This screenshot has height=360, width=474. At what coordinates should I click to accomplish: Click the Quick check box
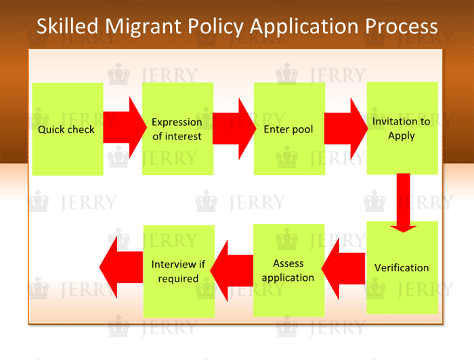[68, 129]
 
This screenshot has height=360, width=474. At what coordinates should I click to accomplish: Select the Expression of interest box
[177, 129]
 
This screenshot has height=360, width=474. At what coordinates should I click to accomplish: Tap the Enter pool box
[289, 129]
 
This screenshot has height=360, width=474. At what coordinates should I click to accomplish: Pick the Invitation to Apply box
[402, 128]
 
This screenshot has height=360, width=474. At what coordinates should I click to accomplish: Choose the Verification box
[402, 267]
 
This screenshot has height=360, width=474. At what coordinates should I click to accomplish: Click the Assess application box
[288, 270]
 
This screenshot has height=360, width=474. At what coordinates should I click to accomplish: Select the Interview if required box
[179, 271]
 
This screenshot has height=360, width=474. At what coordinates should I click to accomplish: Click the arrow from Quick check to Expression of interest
[125, 127]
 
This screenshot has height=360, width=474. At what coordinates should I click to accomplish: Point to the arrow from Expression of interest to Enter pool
[234, 129]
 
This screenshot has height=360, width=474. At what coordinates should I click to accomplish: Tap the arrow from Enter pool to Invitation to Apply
[346, 129]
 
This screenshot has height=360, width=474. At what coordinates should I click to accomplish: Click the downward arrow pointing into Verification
[404, 203]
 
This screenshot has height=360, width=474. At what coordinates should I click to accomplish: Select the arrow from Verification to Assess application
[343, 269]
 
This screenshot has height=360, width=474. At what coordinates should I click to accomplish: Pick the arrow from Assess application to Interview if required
[232, 271]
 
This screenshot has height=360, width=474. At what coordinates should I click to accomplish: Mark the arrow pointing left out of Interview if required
[121, 267]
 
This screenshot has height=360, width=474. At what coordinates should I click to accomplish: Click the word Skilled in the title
[68, 26]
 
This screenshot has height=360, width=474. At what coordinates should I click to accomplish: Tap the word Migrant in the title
[144, 27]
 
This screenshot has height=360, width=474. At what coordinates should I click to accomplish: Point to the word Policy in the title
[215, 27]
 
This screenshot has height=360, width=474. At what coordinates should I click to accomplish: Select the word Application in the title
[304, 27]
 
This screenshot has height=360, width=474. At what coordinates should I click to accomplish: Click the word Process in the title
[402, 26]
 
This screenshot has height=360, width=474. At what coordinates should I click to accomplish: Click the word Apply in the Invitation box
[402, 136]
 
